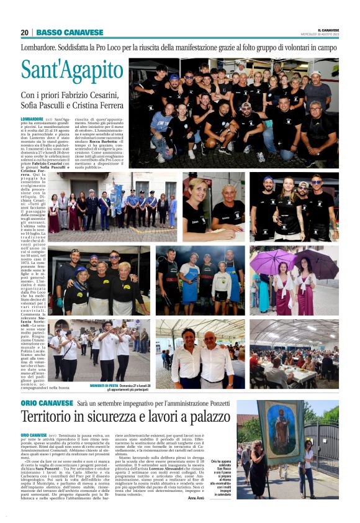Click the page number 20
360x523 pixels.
click(x=25, y=32)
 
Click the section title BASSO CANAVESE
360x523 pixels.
click(x=70, y=32)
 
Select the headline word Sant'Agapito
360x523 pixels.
click(x=73, y=71)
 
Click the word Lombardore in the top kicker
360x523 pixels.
click(x=42, y=47)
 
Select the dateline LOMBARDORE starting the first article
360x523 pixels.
click(x=32, y=119)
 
